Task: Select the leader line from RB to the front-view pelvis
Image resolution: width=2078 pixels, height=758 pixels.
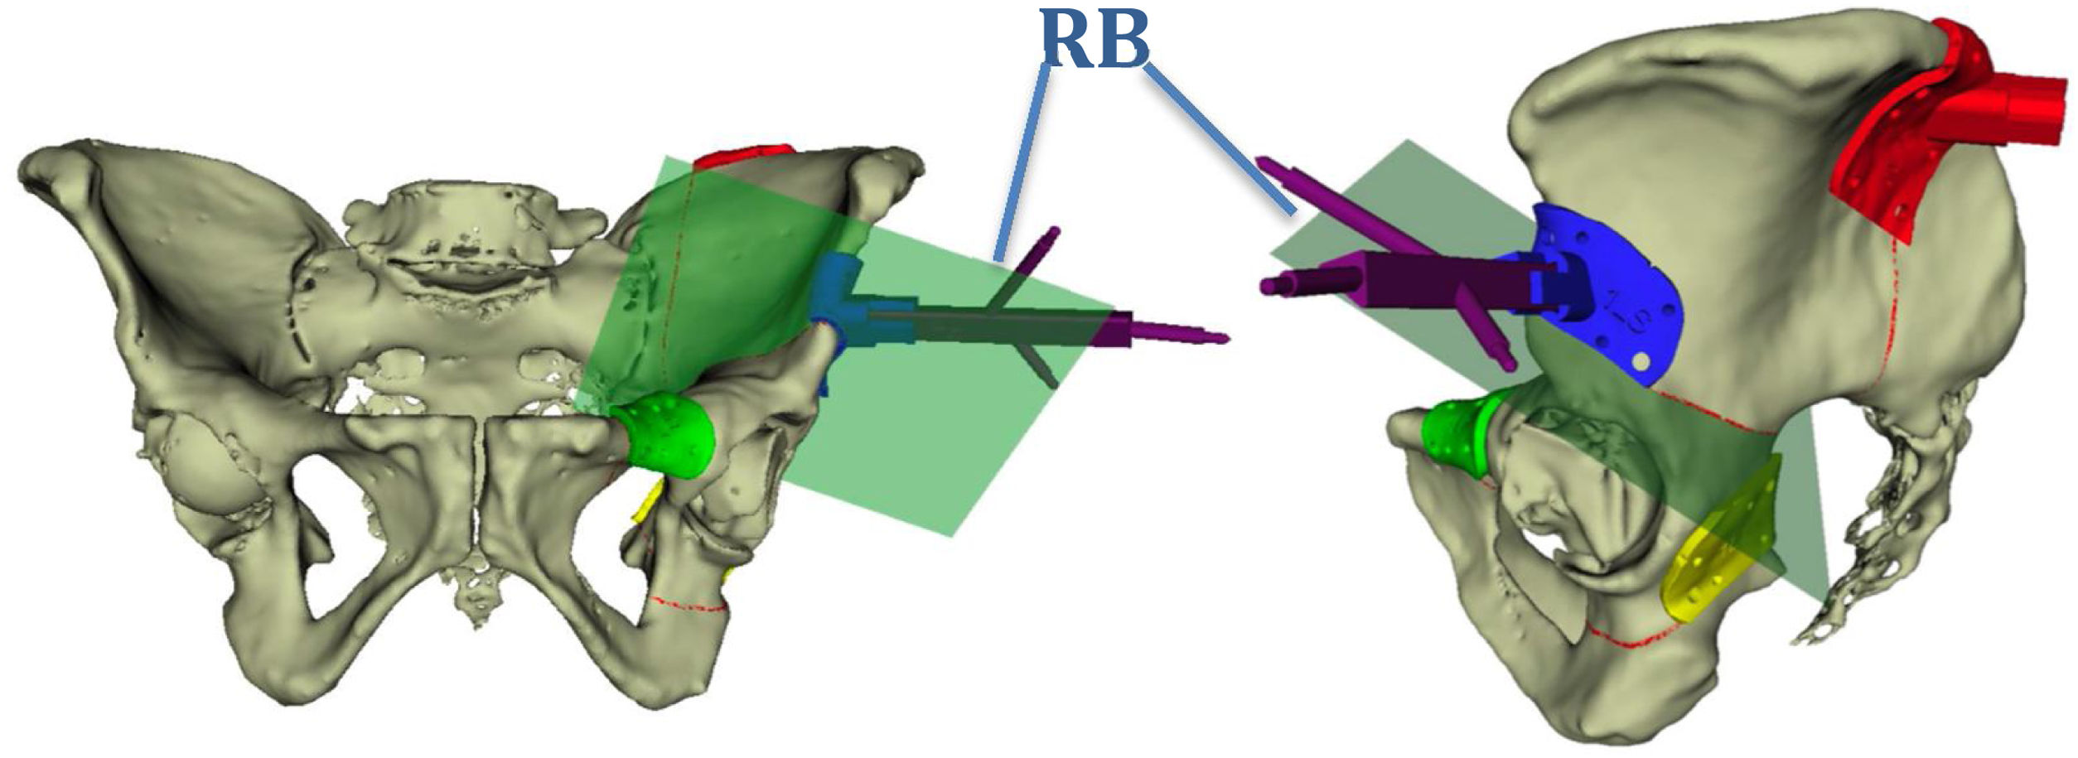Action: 1023,166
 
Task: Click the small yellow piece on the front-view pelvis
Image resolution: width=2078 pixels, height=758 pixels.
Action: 646,502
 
